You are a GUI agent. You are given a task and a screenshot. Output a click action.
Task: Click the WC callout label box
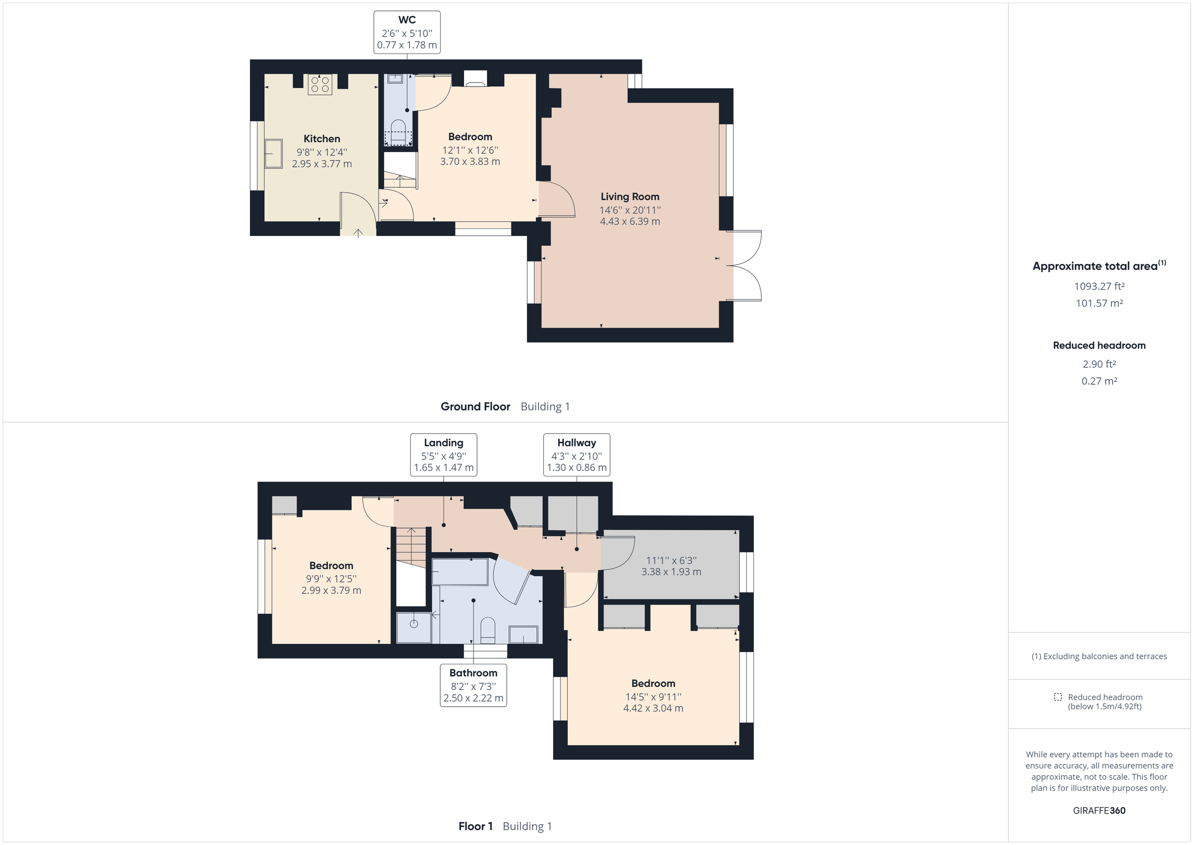(x=406, y=32)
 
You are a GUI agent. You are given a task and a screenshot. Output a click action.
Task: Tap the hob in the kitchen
(x=320, y=84)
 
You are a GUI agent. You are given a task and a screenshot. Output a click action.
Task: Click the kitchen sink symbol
(x=273, y=153)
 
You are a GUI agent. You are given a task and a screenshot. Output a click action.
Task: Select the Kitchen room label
(x=322, y=139)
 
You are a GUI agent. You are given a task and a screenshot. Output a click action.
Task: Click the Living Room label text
(x=630, y=197)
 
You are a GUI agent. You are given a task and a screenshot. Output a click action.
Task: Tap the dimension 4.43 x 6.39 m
(x=630, y=221)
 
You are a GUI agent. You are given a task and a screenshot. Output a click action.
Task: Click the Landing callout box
(x=444, y=455)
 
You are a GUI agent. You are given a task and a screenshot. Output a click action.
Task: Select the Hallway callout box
(x=576, y=455)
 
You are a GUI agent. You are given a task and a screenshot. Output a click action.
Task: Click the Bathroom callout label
(x=473, y=685)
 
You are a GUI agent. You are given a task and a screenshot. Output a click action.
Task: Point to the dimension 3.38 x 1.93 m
(x=671, y=572)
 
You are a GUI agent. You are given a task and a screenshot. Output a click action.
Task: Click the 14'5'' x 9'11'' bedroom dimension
(x=653, y=697)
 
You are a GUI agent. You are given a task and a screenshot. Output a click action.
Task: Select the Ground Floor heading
(x=475, y=407)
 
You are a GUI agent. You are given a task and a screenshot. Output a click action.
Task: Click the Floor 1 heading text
(x=475, y=826)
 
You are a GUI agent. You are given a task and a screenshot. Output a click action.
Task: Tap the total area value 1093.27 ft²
(x=1099, y=286)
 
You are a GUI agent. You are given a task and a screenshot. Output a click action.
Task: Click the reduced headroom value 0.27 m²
(x=1099, y=381)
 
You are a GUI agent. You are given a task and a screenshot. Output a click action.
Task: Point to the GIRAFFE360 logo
(x=1099, y=811)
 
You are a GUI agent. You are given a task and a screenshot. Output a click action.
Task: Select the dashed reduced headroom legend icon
(x=1058, y=697)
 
